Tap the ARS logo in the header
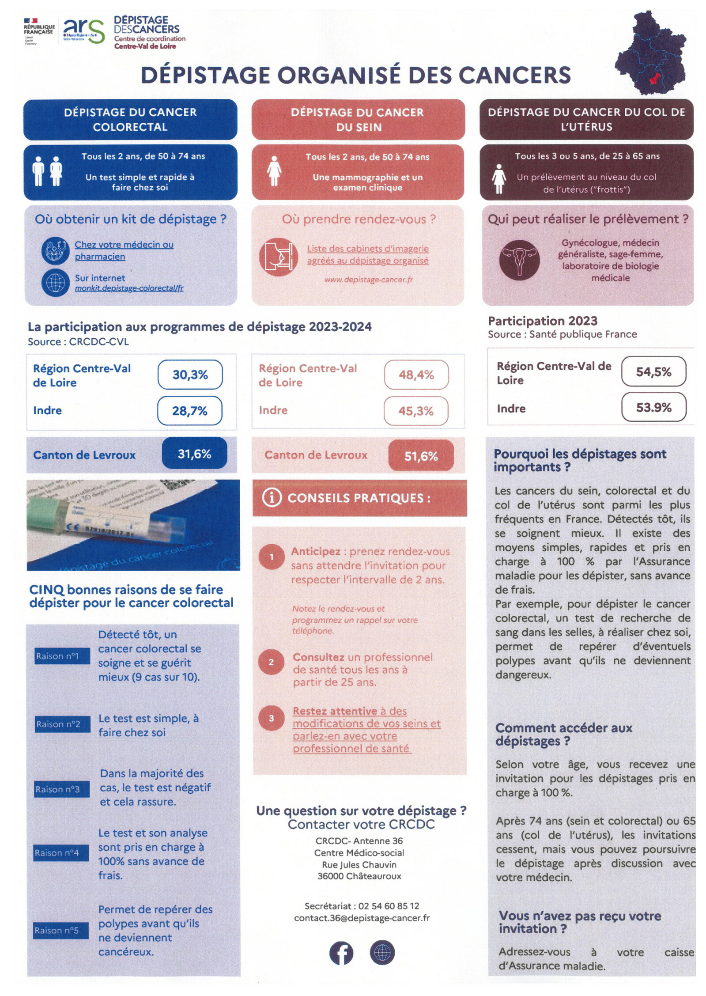point(84,31)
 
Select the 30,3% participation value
point(190,375)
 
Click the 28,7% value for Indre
point(189,411)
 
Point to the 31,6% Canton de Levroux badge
point(194,454)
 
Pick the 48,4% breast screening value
point(416,375)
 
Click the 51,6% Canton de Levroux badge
point(421,456)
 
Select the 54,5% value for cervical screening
point(653,371)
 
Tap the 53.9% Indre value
point(653,407)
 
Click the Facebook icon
point(341,953)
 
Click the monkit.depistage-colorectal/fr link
point(129,288)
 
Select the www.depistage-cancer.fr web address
point(368,280)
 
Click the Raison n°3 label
point(57,789)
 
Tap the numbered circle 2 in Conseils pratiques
point(271,662)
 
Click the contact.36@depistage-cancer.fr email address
point(362,918)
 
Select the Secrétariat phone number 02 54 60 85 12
point(389,906)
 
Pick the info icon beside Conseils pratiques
point(272,498)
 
